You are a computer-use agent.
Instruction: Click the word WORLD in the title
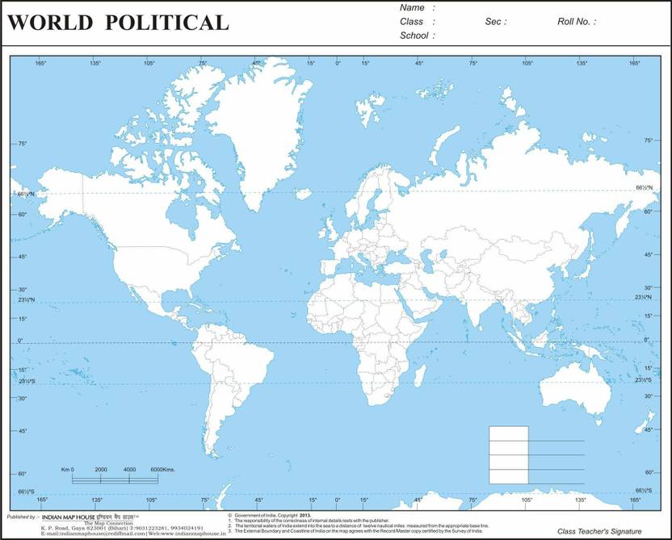[48, 23]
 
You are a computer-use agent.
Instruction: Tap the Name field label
[412, 7]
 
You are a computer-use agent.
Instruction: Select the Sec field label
[495, 22]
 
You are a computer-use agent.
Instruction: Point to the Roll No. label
[576, 22]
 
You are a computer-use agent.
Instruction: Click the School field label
[417, 36]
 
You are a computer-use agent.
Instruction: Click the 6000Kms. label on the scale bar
[164, 469]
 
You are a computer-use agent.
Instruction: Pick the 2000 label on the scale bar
[101, 469]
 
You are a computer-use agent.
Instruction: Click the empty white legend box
[508, 454]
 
